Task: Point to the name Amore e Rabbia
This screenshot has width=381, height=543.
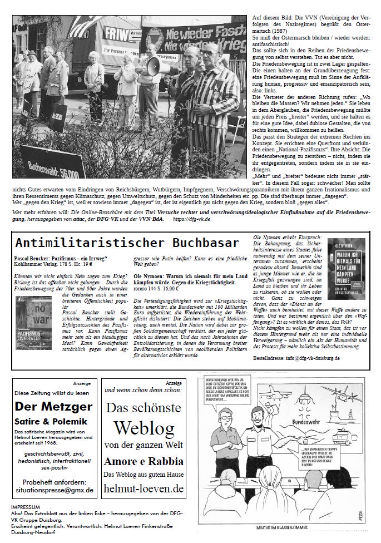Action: point(143,461)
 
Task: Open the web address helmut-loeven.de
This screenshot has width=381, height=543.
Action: point(143,488)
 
